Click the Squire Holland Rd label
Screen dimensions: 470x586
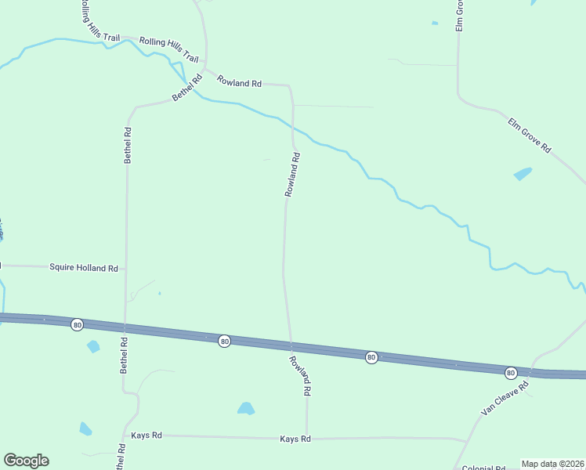tap(83, 268)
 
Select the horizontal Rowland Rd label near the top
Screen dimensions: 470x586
tap(239, 82)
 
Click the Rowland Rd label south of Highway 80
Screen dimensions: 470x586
tap(302, 375)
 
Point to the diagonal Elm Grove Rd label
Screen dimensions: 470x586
tap(530, 136)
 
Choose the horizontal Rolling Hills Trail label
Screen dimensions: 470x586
tap(168, 47)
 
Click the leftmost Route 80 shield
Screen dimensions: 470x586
tap(77, 324)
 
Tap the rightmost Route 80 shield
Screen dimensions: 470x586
tap(511, 373)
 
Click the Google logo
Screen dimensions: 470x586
tap(26, 461)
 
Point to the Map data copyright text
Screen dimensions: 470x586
tap(553, 464)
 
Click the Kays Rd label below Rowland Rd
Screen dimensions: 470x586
tap(295, 439)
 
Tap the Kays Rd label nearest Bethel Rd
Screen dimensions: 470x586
tap(146, 436)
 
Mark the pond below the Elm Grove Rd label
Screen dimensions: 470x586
tap(523, 174)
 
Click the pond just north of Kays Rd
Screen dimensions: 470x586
tap(246, 408)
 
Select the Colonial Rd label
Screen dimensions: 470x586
tap(483, 468)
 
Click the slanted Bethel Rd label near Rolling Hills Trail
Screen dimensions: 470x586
tap(187, 88)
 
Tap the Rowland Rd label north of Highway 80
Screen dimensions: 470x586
tap(292, 174)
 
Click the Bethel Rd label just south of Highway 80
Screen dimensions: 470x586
tap(123, 355)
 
